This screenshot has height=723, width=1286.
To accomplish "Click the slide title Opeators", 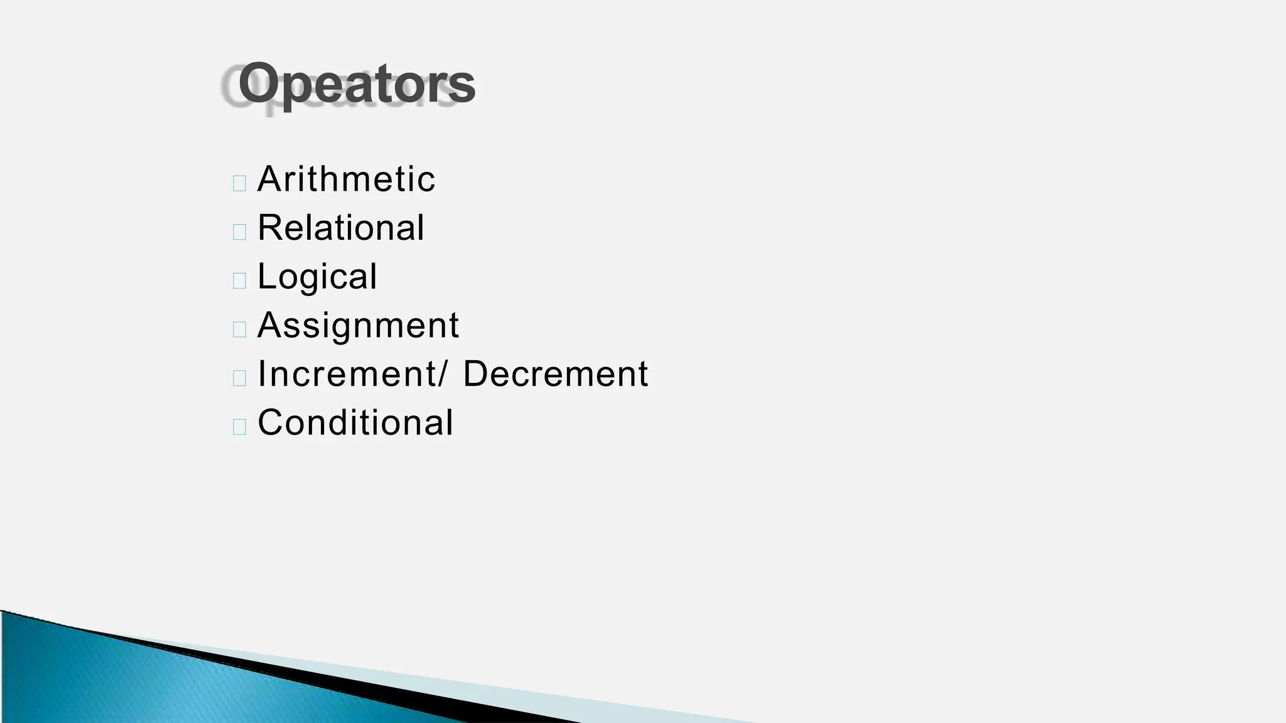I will point(356,84).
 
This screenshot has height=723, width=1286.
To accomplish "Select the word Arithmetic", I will point(346,179).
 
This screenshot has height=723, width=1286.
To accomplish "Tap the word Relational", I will point(341,227).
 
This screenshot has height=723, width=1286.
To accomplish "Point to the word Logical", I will point(317,276).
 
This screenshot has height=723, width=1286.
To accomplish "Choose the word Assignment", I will point(358,325).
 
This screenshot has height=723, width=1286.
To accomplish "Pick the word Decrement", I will point(555,374).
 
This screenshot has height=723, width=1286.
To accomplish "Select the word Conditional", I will point(355,422).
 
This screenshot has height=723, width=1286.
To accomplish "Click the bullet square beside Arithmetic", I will point(239,183).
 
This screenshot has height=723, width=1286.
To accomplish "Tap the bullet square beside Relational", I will point(239,232).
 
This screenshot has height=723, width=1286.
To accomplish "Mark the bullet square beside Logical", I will point(239,281).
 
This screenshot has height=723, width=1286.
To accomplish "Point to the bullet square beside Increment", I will point(239,378).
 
